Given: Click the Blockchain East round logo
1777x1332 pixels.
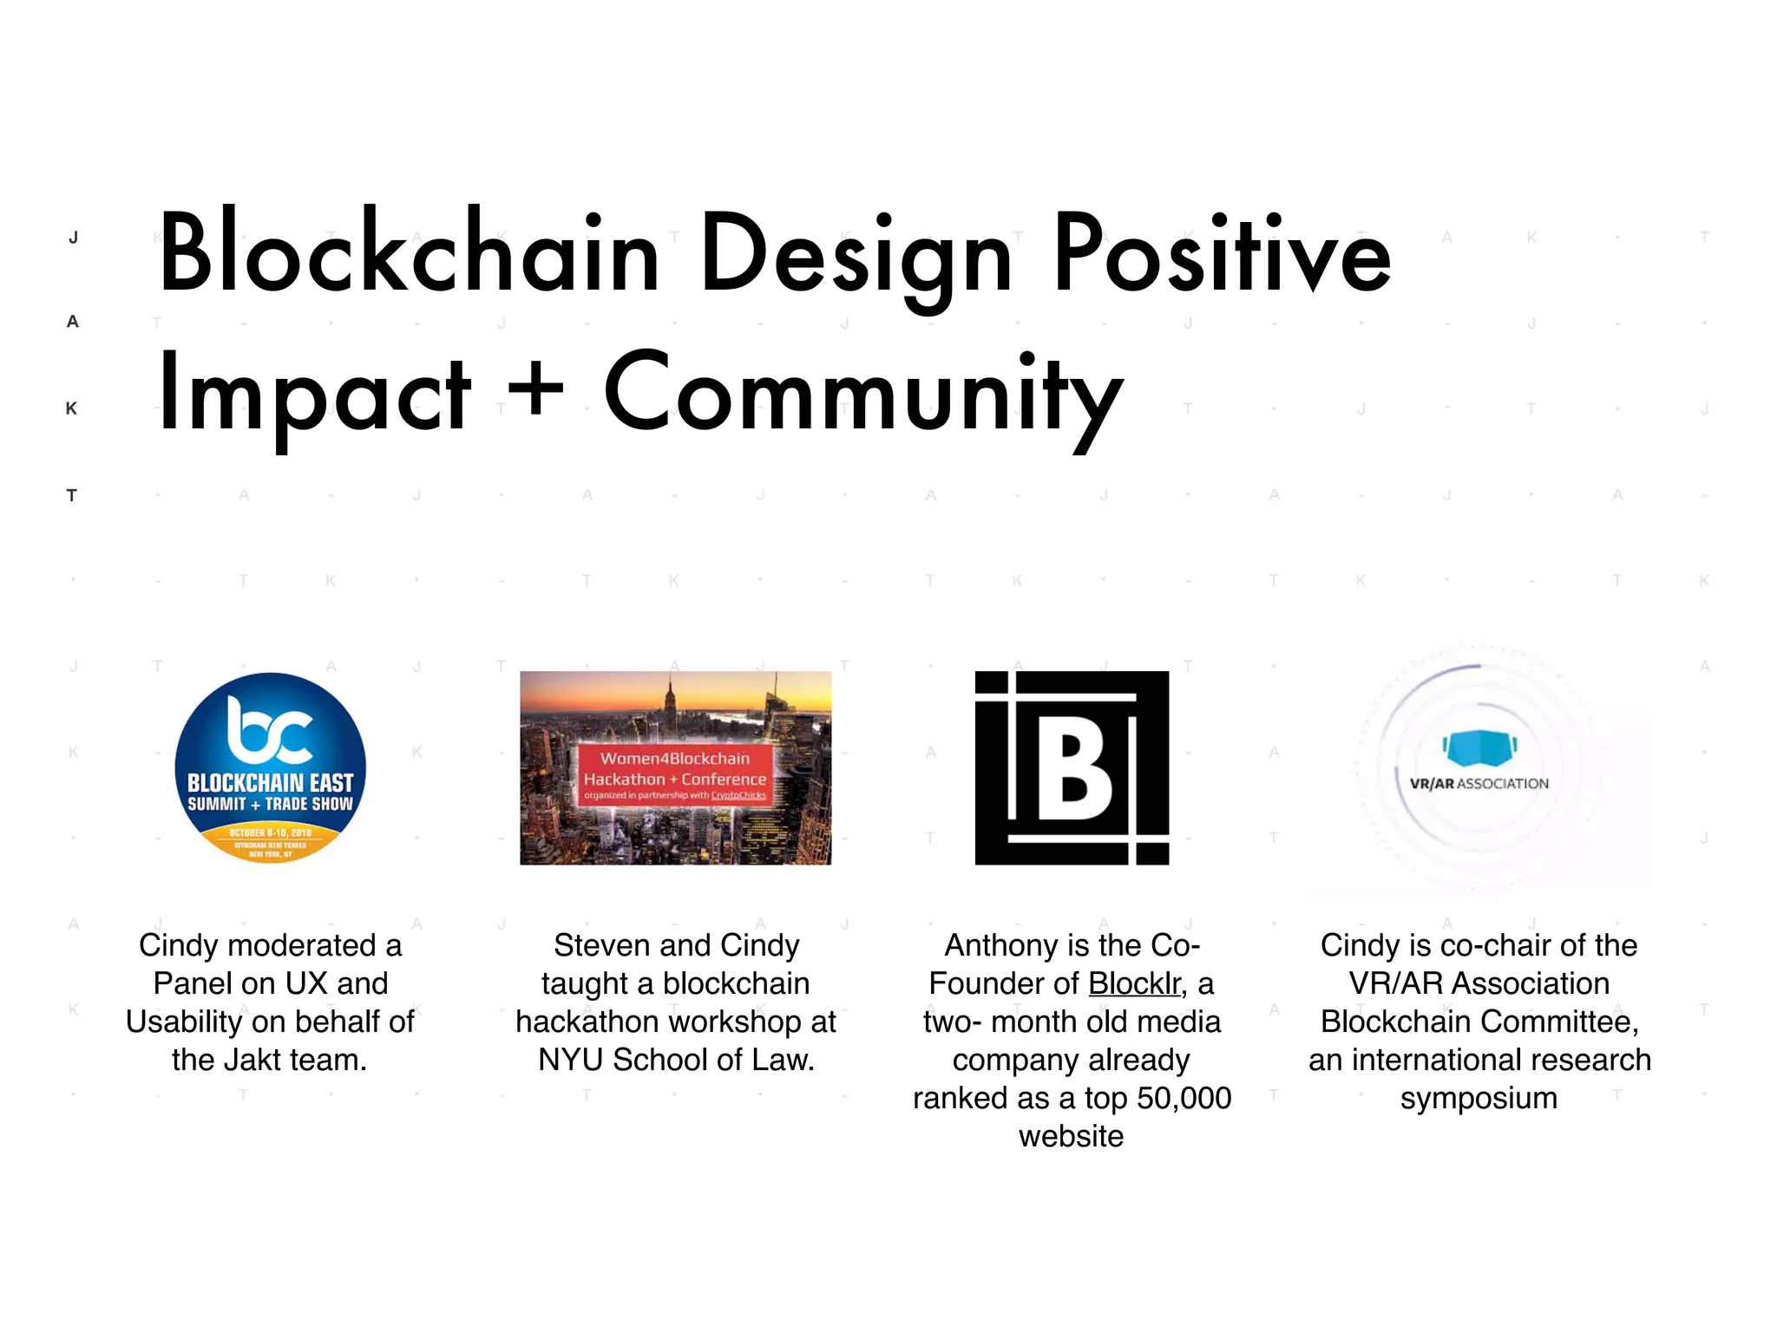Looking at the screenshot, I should (x=270, y=767).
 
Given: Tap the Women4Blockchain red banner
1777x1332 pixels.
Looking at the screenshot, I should (x=675, y=774).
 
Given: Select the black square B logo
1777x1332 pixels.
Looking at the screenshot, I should (x=1072, y=767).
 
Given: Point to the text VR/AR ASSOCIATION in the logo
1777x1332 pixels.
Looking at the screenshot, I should (x=1479, y=784).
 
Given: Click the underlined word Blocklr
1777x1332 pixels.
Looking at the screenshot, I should (x=1134, y=983).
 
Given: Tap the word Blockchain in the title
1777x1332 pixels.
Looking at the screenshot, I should (x=408, y=254).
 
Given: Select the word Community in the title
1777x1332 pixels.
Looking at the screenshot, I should (x=862, y=395).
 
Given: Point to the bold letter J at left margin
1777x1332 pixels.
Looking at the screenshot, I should (x=73, y=238).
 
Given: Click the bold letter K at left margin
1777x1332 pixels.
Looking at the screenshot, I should (x=71, y=408).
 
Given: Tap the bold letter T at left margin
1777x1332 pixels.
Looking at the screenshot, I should (x=71, y=496).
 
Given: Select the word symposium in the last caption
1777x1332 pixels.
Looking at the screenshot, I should (x=1479, y=1098).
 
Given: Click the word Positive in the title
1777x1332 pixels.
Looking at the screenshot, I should (x=1221, y=254).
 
